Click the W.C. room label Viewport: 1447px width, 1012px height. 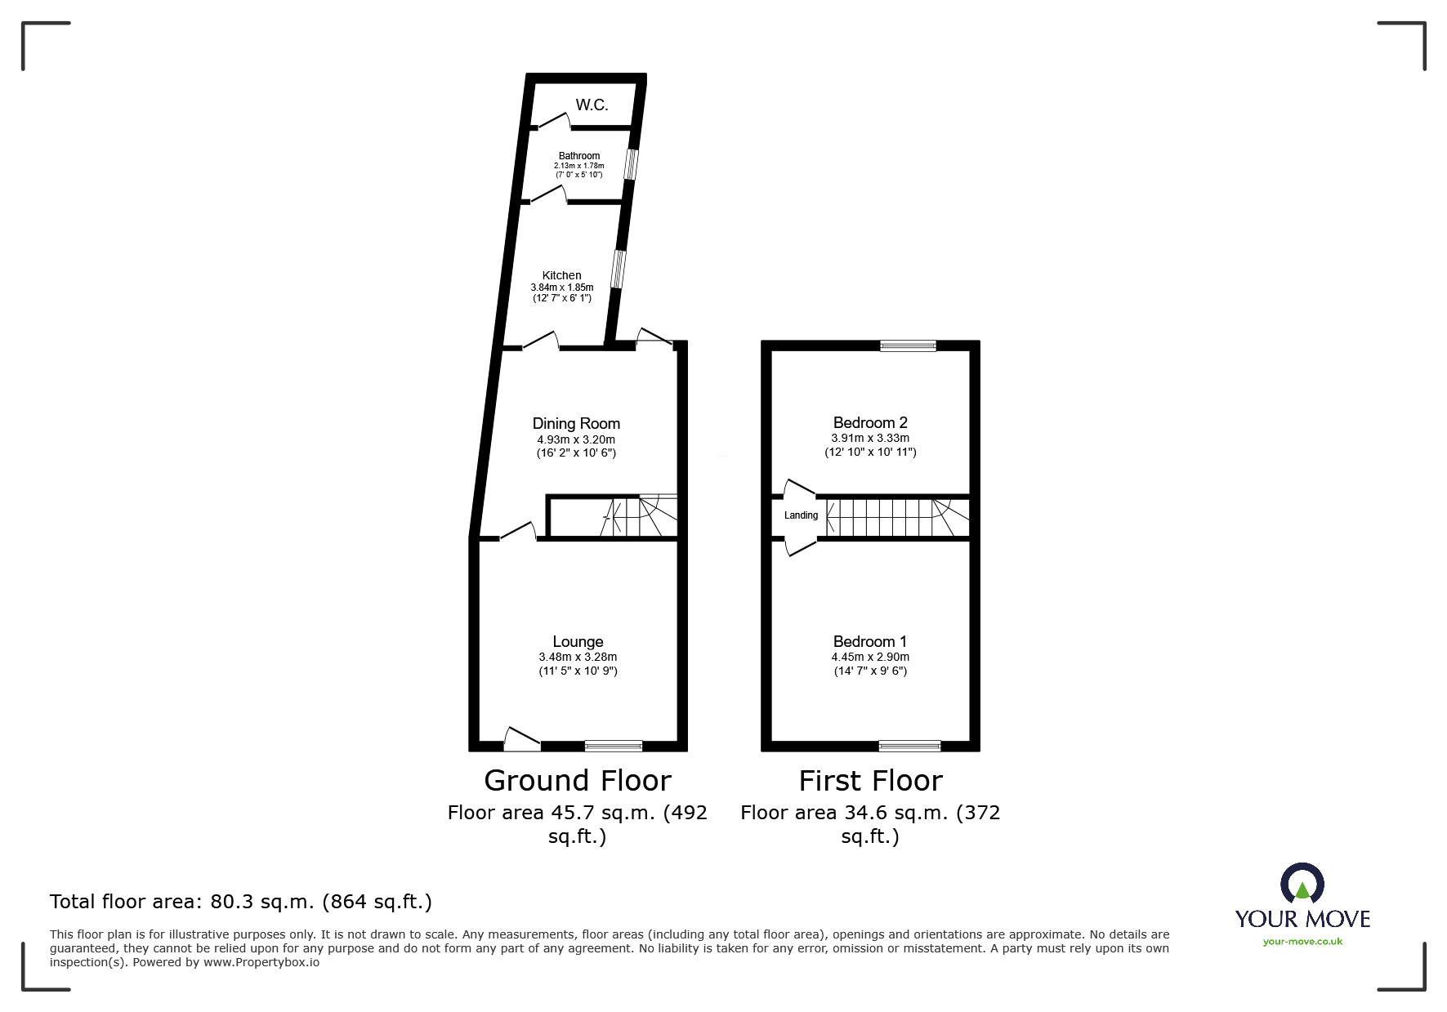click(592, 105)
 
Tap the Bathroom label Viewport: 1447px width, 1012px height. click(579, 156)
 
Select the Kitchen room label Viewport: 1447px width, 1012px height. click(562, 275)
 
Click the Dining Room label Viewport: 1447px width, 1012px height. click(576, 423)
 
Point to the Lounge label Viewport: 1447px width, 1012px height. click(578, 642)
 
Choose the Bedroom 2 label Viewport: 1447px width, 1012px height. click(870, 422)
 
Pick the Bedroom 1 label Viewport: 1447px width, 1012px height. click(870, 641)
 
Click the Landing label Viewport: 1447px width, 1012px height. click(801, 515)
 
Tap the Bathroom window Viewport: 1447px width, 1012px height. click(630, 163)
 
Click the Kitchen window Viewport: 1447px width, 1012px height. click(619, 269)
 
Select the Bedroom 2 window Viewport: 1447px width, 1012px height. click(908, 346)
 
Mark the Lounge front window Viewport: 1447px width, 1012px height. click(614, 745)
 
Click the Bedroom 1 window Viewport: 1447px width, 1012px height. click(909, 745)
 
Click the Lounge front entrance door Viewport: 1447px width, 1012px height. click(522, 739)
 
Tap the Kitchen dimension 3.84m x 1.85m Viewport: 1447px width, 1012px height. click(562, 288)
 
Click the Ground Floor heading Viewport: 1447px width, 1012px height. click(578, 781)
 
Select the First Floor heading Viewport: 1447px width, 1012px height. click(870, 781)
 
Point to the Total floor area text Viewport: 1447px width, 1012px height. click(241, 902)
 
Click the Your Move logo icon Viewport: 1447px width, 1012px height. click(1302, 883)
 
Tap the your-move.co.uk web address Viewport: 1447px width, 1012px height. click(1302, 942)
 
